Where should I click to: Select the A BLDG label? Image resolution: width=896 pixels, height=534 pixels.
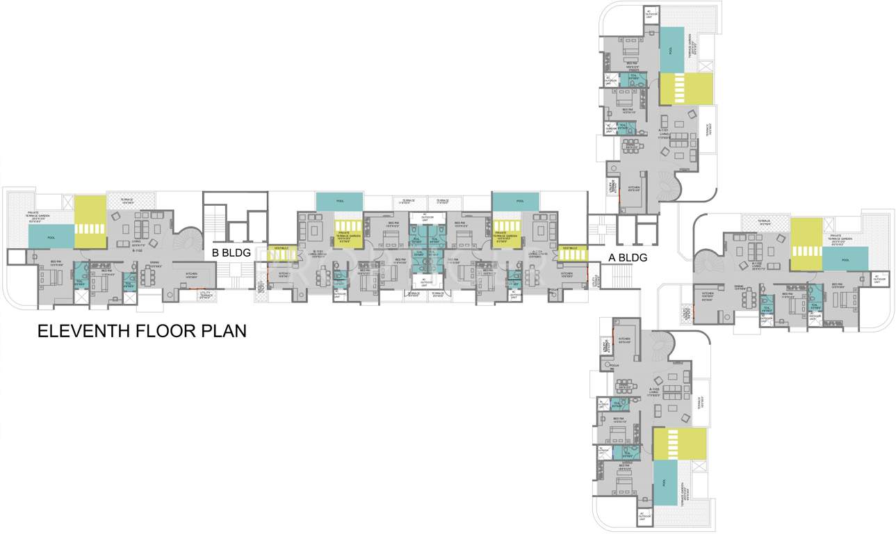[x=628, y=258]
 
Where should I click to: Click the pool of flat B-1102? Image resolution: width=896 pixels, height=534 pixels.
[x=51, y=236]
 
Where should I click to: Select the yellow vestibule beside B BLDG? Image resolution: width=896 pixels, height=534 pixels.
[x=282, y=252]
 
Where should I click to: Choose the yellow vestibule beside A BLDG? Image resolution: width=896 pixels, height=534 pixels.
[x=573, y=252]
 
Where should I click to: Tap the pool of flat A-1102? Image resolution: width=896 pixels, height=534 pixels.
[x=845, y=259]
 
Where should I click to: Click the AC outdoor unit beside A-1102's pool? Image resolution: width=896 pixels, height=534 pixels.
[x=877, y=278]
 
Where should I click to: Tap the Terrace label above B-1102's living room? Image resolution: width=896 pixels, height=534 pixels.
[x=127, y=200]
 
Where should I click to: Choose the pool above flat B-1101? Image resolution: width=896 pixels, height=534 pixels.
[x=339, y=201]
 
